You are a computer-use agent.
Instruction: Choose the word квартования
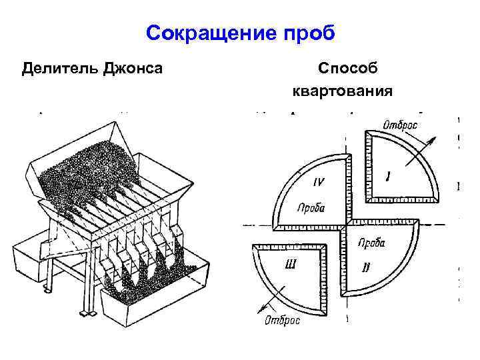(x=341, y=90)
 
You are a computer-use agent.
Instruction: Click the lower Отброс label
(x=281, y=321)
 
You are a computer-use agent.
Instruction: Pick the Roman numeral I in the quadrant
(x=388, y=176)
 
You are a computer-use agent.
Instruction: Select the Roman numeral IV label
(x=319, y=181)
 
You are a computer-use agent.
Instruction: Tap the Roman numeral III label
(x=291, y=265)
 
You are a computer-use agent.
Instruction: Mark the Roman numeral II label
(x=365, y=267)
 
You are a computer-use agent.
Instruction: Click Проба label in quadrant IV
(x=309, y=207)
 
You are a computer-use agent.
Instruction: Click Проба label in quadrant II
(x=371, y=243)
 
